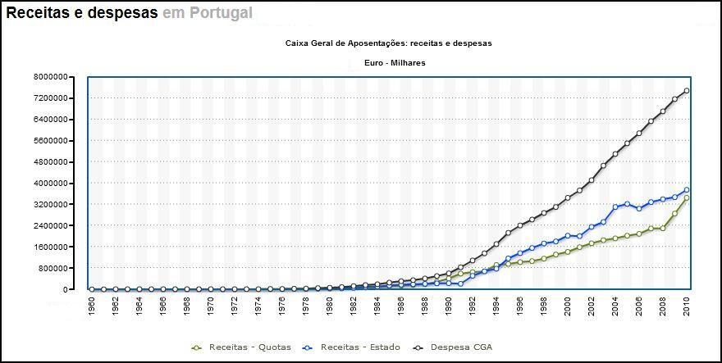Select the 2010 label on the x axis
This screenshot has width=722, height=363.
(687, 306)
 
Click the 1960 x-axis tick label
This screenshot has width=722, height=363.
(91, 306)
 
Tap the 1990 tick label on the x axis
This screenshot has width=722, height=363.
(448, 306)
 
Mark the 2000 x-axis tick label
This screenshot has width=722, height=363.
(568, 306)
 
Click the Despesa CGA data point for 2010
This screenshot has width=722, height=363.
(687, 91)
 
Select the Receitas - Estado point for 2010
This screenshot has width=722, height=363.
(687, 190)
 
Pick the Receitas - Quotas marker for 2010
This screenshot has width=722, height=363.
(687, 198)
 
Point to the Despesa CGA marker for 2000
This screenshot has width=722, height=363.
(568, 197)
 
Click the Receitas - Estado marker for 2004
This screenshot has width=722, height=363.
(615, 207)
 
